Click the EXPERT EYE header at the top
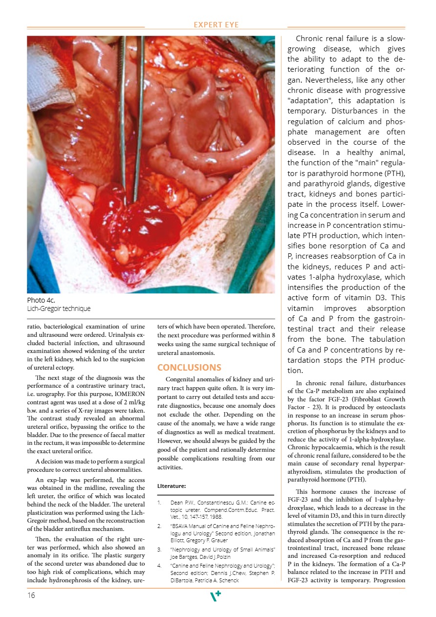(x=217, y=25)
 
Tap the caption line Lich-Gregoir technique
(x=59, y=308)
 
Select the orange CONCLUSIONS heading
(x=189, y=367)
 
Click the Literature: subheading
(x=172, y=486)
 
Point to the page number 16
(x=32, y=595)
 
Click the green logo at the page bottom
(x=215, y=595)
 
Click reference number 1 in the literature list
(x=159, y=502)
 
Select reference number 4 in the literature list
(x=159, y=565)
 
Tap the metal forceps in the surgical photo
(x=124, y=122)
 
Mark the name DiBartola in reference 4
(x=182, y=581)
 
